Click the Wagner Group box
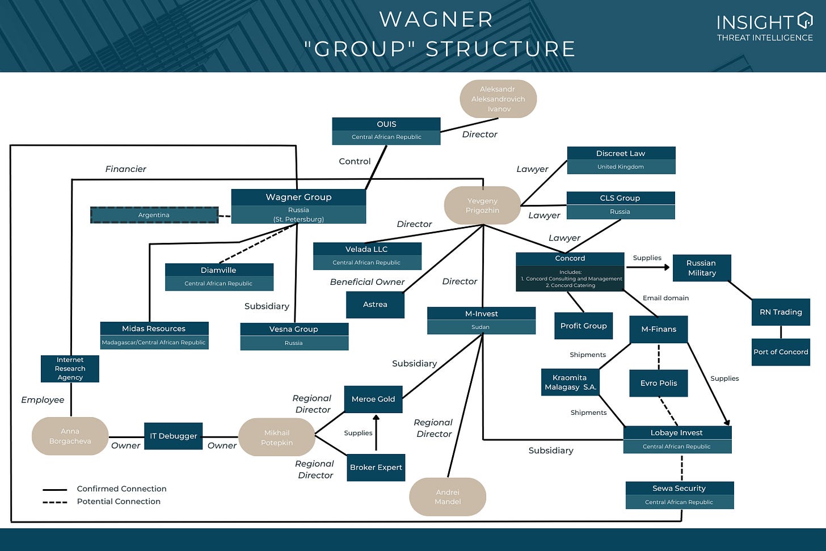[x=298, y=206]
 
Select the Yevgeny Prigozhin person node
[x=482, y=205]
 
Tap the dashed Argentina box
[x=154, y=215]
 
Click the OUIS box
[x=386, y=131]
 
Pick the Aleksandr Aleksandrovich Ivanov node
[x=498, y=99]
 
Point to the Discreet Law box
[x=621, y=159]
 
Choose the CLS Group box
[x=620, y=204]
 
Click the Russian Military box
[x=701, y=268]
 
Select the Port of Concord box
[x=781, y=352]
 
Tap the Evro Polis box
[x=659, y=383]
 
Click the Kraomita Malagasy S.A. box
[x=570, y=382]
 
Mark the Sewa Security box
[x=679, y=495]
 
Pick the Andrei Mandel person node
[x=448, y=497]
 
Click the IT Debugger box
[x=173, y=436]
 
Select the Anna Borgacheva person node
[x=70, y=436]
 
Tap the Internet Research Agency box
[x=70, y=368]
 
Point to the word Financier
[x=125, y=169]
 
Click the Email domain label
[x=665, y=298]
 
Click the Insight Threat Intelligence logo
[x=764, y=27]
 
